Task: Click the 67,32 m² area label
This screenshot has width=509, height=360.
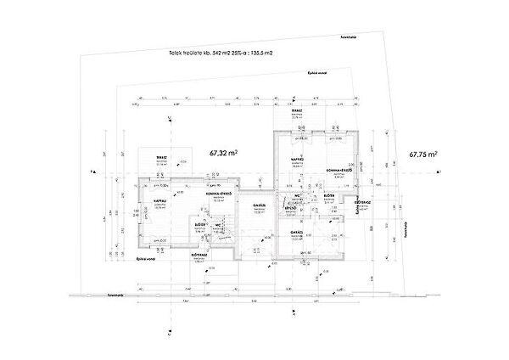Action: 223,154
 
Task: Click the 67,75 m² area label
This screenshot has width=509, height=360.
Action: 422,155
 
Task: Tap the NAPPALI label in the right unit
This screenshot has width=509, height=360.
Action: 298,159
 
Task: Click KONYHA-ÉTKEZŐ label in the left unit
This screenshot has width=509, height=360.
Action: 208,194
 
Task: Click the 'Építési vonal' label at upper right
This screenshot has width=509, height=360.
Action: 317,74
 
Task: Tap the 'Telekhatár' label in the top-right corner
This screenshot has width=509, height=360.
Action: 347,37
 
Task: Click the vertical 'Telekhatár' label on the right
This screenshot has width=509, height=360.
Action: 405,229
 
